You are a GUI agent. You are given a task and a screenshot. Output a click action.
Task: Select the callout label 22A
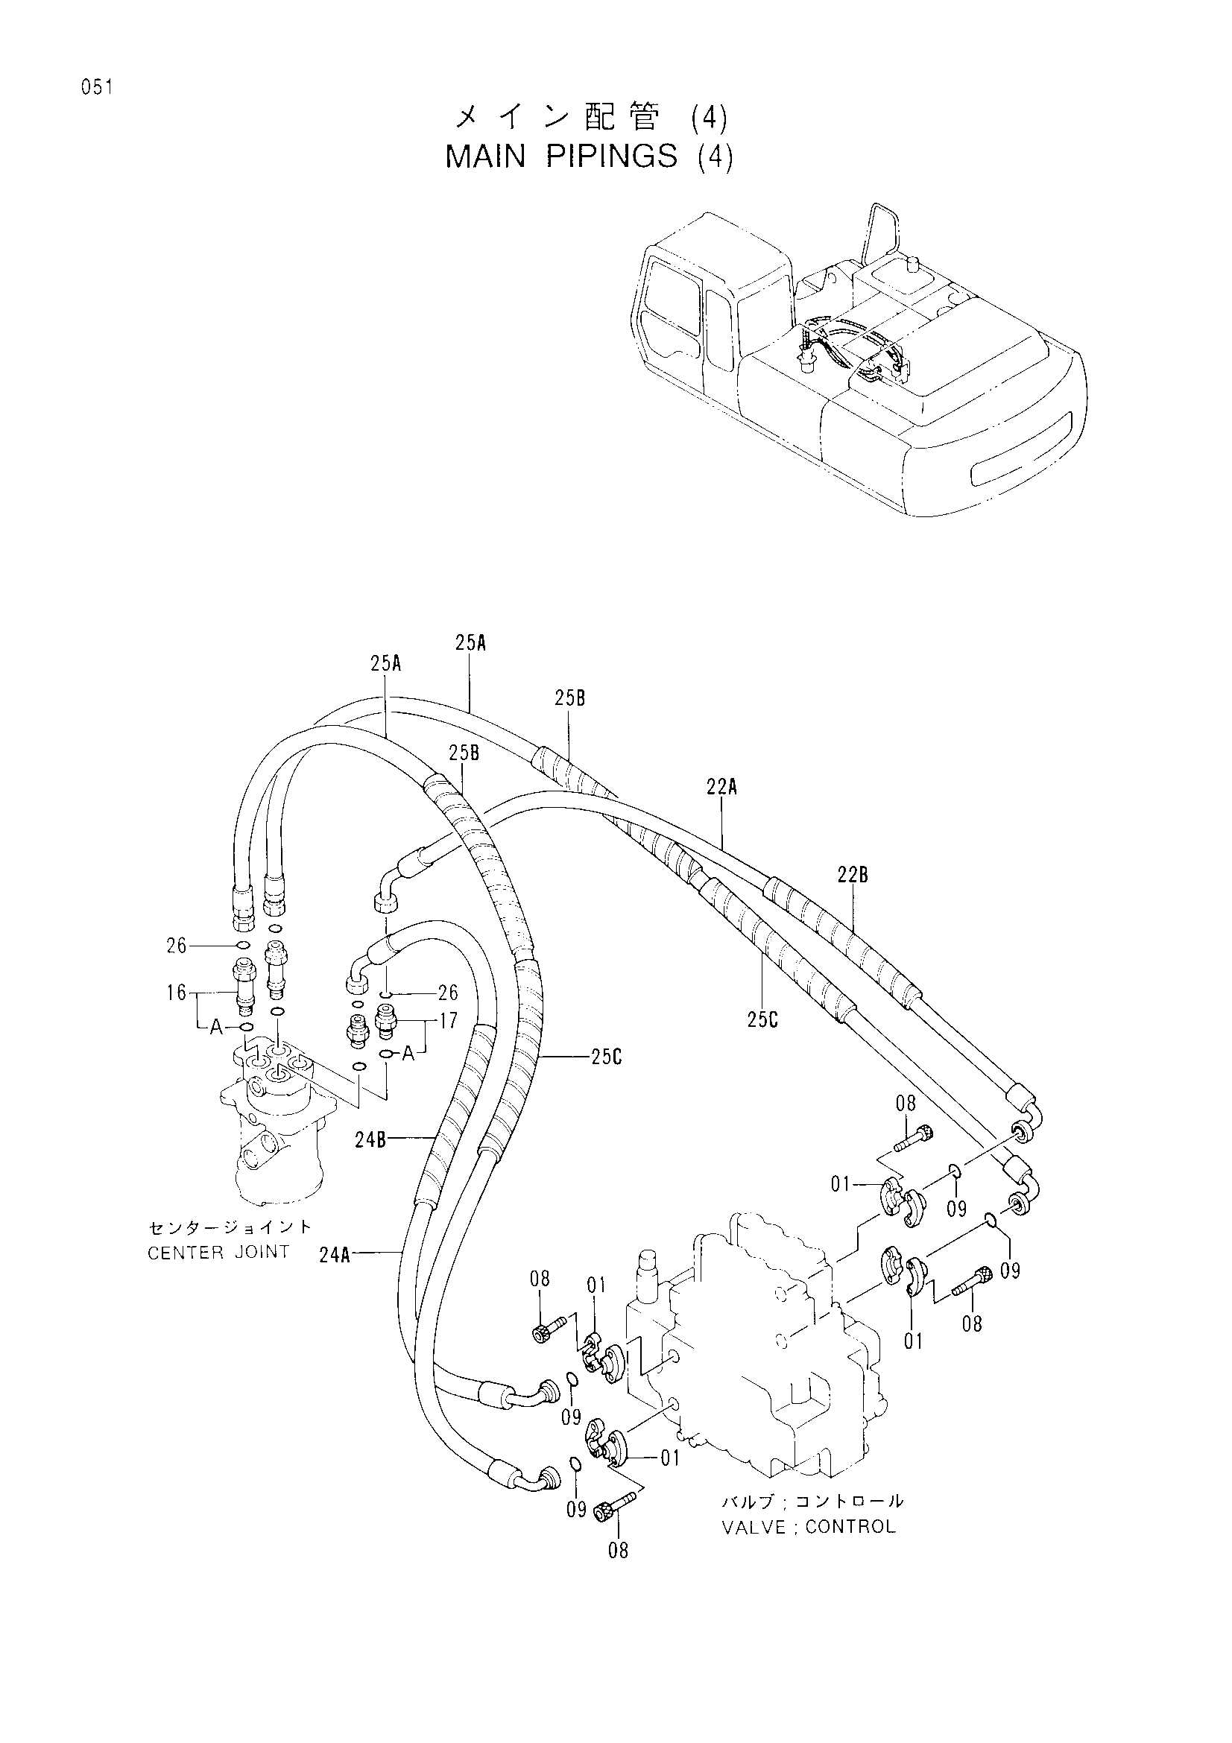[721, 788]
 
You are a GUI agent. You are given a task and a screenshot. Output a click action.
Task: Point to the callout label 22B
[853, 876]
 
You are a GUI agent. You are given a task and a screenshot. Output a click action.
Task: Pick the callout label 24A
[335, 1255]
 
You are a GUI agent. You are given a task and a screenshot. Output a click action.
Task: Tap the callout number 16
[177, 992]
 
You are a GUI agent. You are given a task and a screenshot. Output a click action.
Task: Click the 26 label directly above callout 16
[177, 946]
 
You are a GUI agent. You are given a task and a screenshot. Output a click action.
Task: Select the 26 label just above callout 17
[448, 992]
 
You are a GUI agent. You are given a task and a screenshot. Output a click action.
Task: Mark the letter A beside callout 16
[216, 1027]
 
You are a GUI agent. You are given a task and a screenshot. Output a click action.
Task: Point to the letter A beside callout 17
[408, 1054]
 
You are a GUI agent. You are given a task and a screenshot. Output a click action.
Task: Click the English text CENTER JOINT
[218, 1253]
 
